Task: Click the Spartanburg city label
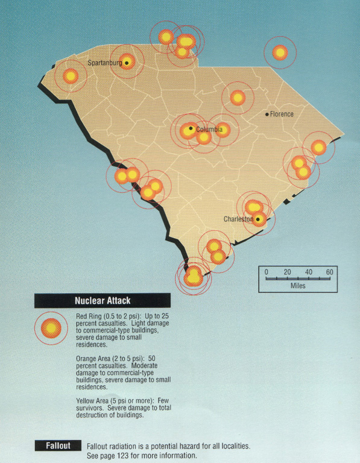(x=105, y=63)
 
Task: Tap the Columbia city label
(x=209, y=130)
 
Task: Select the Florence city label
(x=282, y=114)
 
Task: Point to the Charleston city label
(x=238, y=219)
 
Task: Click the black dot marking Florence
(x=267, y=114)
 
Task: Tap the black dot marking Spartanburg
(x=126, y=62)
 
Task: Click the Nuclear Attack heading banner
(x=103, y=300)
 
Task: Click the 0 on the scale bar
(x=266, y=272)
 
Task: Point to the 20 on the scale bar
(x=287, y=272)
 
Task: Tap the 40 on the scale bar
(x=309, y=272)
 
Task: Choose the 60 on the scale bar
(x=330, y=272)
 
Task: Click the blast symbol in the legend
(x=52, y=327)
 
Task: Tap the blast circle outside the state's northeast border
(x=279, y=53)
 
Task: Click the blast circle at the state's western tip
(x=71, y=76)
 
